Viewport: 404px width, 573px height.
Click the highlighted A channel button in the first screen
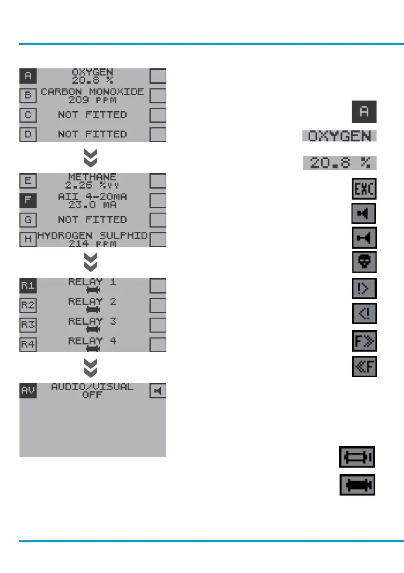[28, 76]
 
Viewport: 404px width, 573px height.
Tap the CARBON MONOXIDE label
[92, 91]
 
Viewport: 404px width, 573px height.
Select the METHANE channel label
[92, 177]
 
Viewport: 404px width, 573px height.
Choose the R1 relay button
[28, 286]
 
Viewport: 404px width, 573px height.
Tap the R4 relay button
[28, 344]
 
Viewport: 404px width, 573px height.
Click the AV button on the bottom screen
[28, 391]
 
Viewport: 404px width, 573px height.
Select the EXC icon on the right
[364, 190]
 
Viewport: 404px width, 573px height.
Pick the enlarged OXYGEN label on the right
[339, 136]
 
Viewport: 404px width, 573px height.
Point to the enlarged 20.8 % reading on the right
[339, 163]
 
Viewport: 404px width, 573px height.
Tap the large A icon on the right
[364, 112]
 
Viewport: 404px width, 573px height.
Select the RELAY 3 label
[92, 321]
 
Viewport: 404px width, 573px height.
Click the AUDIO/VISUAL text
[92, 387]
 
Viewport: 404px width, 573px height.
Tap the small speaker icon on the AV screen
[157, 391]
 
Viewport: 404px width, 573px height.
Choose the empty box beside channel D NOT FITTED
[157, 134]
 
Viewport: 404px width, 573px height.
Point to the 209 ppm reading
[92, 101]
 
